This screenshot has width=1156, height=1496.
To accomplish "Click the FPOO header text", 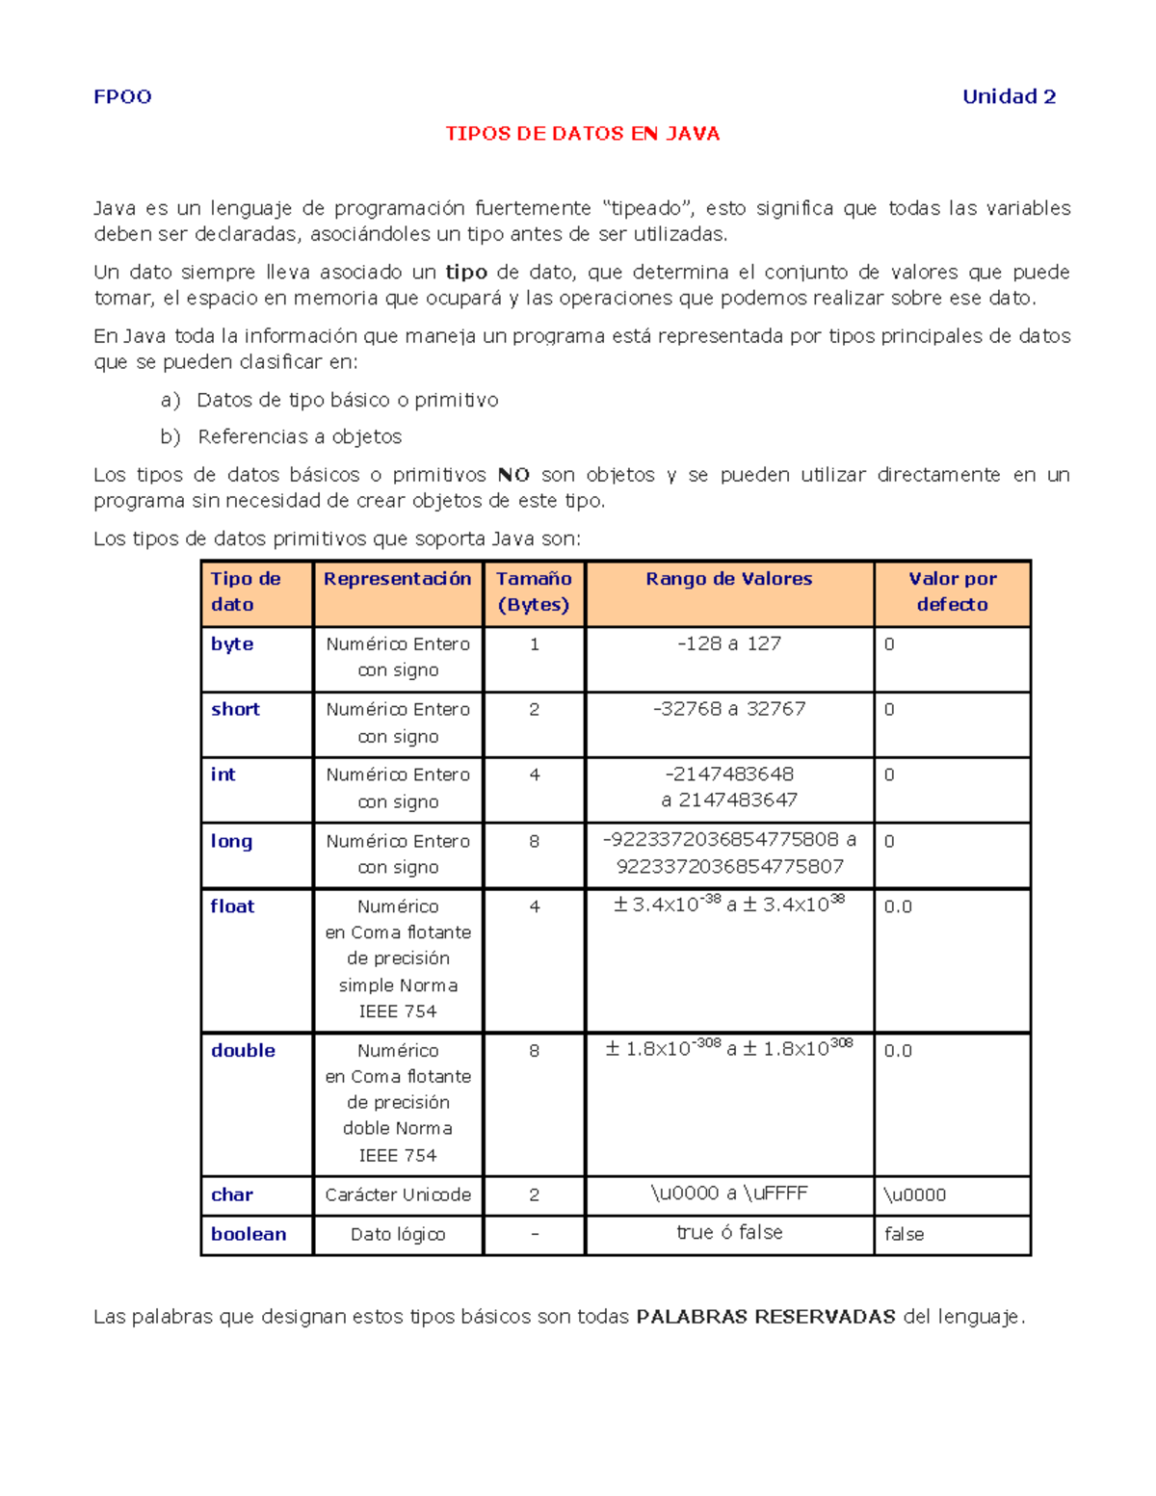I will coord(122,96).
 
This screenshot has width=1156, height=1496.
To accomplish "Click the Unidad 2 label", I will coord(1009,96).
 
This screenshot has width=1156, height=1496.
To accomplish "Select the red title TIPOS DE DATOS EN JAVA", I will coord(582,134).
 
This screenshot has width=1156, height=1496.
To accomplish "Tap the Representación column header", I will coord(397,579).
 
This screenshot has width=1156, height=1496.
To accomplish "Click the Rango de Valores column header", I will coord(728,579).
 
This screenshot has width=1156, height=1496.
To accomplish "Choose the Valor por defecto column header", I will coord(952,591).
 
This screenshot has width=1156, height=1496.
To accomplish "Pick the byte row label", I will coord(232,643).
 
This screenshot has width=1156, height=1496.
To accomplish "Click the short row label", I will coord(235,709).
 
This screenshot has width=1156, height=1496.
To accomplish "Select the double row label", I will coord(243,1050).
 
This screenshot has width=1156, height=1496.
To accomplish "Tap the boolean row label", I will coord(249,1234).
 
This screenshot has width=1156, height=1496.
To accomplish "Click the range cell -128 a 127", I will coord(728,643).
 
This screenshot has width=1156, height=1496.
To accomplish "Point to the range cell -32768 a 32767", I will coord(728,709).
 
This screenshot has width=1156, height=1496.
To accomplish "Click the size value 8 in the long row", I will coord(534,841).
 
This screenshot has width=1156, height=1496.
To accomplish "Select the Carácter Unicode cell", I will coord(398,1194).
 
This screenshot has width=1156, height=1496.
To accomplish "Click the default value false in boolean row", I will coord(904,1234).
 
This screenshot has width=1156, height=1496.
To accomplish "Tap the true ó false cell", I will coord(728,1233).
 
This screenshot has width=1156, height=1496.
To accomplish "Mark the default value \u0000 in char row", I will coord(914,1194).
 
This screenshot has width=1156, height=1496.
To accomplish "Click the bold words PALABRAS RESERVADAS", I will coord(766,1317).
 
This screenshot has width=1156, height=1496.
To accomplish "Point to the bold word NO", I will coord(513,475).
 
